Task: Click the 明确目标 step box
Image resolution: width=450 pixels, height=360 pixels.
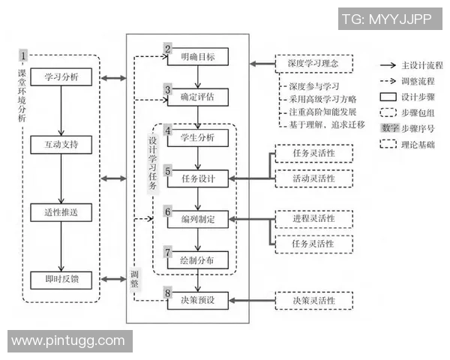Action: (198, 56)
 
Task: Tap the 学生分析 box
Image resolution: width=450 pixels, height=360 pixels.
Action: (198, 137)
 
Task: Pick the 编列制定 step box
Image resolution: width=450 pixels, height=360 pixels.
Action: (198, 220)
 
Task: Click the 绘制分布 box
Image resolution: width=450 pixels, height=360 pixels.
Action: (198, 260)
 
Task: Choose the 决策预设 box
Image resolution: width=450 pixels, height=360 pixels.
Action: (198, 301)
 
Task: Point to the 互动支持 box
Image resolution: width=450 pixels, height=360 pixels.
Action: (61, 142)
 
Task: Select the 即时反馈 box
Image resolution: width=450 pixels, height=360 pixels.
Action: (61, 279)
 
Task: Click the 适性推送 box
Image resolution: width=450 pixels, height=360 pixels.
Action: (61, 212)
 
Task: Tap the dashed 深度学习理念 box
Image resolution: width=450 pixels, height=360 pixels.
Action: (313, 64)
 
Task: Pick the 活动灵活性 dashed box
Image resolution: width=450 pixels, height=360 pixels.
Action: (313, 179)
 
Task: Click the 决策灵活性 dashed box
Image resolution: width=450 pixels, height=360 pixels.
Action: (313, 301)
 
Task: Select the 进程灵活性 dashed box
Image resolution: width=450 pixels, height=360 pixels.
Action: (313, 219)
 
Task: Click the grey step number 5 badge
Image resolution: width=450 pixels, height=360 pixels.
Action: (169, 171)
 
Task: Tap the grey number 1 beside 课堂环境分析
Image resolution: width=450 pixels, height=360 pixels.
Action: (23, 55)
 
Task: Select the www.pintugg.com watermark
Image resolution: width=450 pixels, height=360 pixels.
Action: (68, 340)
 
